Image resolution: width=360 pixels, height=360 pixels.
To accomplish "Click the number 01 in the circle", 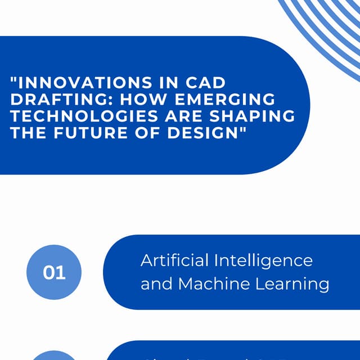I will pos(54,273).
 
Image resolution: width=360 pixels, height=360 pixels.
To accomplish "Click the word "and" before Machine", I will pos(157,284).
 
